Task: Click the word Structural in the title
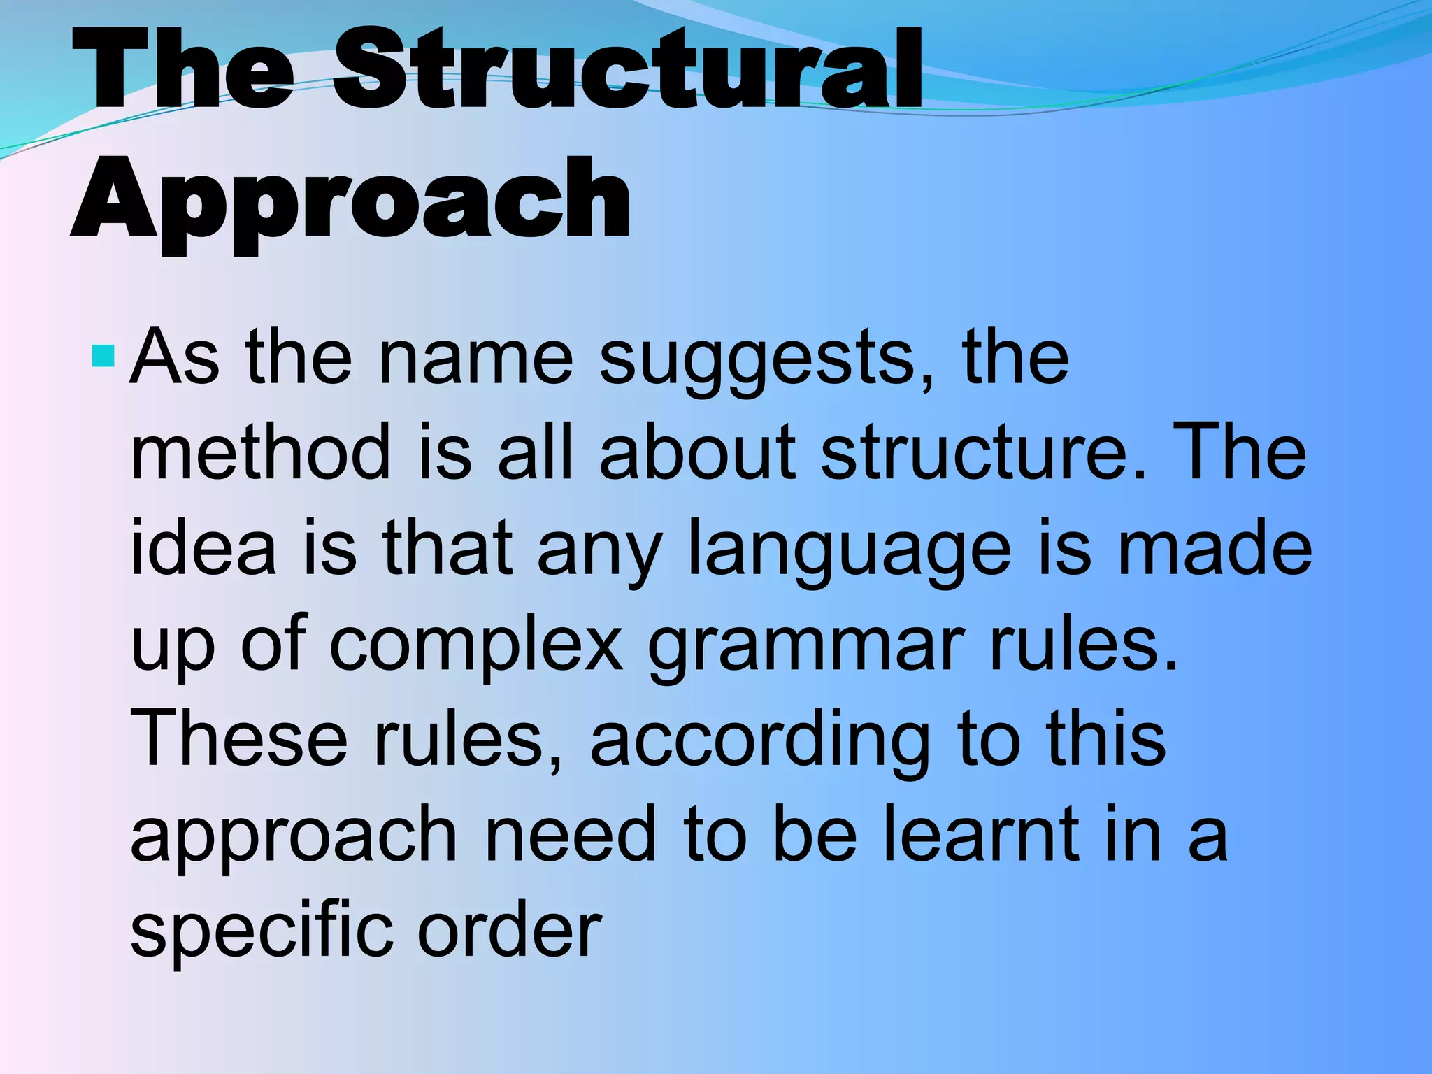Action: pyautogui.click(x=627, y=70)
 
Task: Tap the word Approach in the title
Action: pyautogui.click(x=352, y=199)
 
